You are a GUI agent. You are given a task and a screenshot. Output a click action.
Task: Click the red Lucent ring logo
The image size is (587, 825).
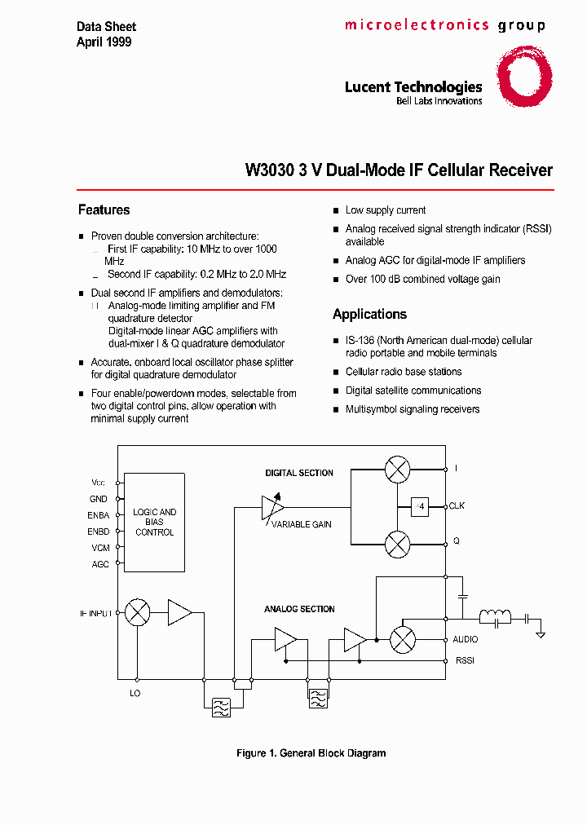525,77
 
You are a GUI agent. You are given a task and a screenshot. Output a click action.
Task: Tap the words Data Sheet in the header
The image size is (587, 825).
106,28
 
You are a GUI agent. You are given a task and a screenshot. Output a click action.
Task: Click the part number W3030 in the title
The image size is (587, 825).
264,170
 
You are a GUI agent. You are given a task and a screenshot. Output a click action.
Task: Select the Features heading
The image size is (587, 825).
104,210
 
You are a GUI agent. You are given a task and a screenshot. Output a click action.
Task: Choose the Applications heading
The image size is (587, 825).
369,314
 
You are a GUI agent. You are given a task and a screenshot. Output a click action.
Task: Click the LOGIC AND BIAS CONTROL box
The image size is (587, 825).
154,522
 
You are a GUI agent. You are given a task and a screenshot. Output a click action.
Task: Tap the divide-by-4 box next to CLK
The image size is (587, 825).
420,506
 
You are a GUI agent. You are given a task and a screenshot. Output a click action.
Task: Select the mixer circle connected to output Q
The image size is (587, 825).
397,543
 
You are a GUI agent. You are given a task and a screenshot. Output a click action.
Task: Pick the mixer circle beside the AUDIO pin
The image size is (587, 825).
402,640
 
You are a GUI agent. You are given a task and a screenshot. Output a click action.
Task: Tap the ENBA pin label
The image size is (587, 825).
99,515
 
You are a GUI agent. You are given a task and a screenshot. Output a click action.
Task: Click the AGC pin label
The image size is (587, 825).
100,563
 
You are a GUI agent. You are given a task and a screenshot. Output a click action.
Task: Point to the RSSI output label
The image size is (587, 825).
465,660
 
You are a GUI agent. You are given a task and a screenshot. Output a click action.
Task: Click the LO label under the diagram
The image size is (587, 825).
135,694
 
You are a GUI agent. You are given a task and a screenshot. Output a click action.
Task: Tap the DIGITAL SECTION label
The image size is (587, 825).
299,473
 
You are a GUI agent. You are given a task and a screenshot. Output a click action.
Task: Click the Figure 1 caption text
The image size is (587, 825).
311,753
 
